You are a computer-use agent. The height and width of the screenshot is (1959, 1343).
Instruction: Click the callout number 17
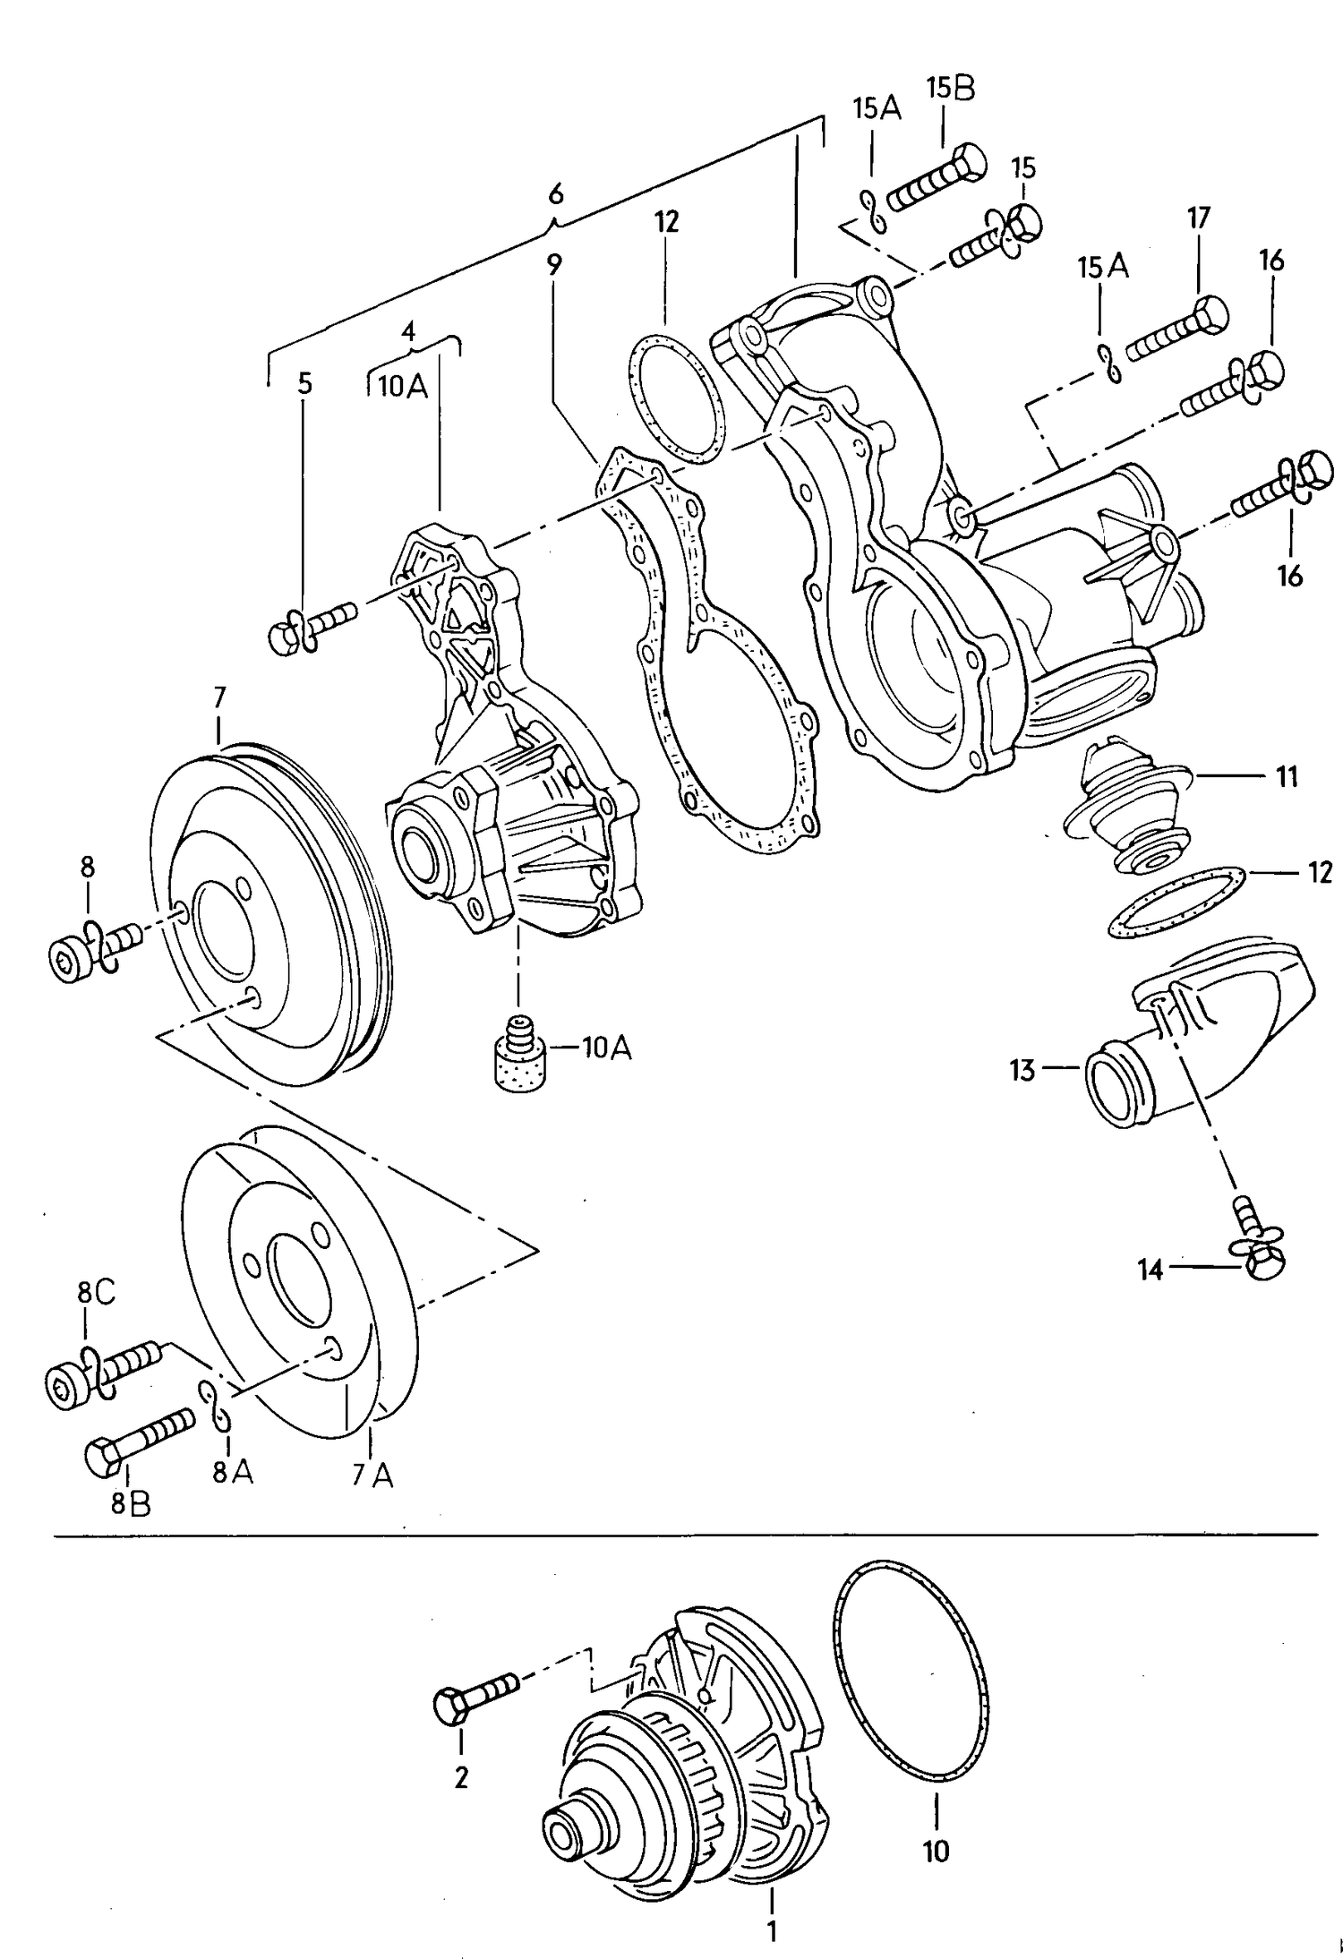coord(1198,218)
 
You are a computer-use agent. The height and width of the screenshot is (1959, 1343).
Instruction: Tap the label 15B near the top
coord(951,89)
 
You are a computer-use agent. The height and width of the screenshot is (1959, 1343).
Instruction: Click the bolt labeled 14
coord(1259,1250)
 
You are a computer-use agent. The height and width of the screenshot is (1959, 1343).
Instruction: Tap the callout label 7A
coord(372,1475)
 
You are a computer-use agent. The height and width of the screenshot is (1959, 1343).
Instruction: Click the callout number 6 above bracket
coord(556,193)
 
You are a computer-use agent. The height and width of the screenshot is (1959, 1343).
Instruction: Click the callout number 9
coord(555,266)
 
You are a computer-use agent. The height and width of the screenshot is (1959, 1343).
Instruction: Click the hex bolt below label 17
coord(1176,330)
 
